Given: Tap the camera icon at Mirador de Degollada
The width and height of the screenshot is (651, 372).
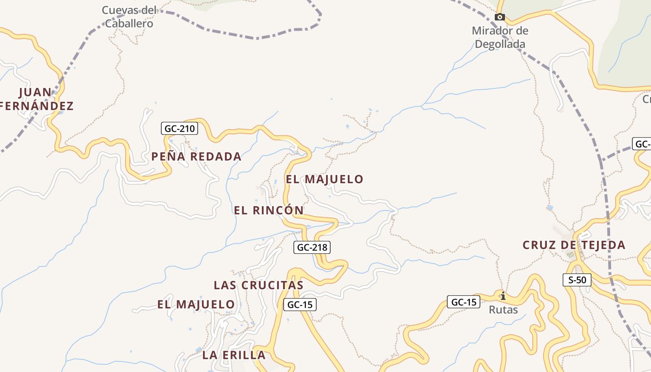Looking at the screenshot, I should coord(500,17).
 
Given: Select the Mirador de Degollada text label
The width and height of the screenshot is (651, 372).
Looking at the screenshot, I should coord(500,38).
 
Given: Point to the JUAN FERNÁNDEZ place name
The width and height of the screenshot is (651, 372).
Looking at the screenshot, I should coord(36,99).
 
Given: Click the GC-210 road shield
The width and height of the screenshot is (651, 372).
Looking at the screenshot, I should coord(179,128).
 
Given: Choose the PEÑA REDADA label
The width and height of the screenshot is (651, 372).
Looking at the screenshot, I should coord(196,157).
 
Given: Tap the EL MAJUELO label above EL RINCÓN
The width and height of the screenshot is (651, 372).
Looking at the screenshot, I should coord(325,179).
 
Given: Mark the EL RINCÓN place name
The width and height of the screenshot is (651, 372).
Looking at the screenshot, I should coord(269,210).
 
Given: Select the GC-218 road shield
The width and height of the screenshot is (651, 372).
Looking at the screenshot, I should coord(312,247).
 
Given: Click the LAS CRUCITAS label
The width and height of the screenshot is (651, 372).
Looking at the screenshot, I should coord(259,285).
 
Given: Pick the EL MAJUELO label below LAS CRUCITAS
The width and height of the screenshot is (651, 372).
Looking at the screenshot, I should coord(196,305).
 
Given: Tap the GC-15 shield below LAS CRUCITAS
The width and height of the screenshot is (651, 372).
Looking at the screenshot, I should coord(300,305).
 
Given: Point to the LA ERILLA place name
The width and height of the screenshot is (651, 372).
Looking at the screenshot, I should coord(234,355).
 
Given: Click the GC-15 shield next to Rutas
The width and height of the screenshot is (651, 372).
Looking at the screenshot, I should coord(464,302).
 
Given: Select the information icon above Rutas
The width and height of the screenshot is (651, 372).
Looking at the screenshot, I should coord(503,296).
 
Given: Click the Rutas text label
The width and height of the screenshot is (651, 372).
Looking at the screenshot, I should coord(503,310).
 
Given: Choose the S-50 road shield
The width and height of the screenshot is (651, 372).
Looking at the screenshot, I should coord(577,280).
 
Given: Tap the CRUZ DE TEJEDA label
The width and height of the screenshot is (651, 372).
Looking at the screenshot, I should coord(574,245).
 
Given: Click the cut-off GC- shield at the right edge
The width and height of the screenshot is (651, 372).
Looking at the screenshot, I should coord(642,144).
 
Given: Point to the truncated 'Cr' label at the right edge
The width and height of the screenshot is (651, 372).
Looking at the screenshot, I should coord(646,99).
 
